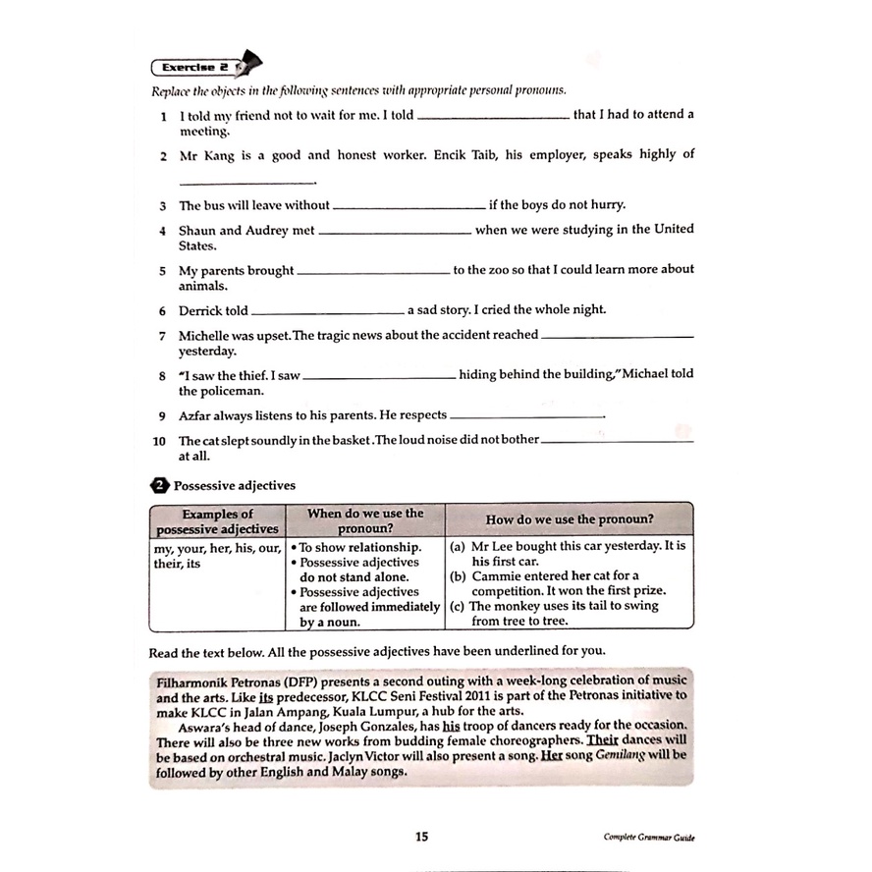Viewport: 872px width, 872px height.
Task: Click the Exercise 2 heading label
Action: point(194,68)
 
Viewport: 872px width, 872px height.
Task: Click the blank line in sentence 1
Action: point(493,118)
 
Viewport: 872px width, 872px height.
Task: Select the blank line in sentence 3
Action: point(409,208)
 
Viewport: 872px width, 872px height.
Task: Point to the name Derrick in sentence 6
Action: point(200,310)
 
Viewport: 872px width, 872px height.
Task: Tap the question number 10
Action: point(159,440)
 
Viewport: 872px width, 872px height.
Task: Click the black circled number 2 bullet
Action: point(159,485)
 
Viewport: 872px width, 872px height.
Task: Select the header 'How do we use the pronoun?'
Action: point(570,519)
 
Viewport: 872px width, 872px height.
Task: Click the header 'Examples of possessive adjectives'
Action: point(217,520)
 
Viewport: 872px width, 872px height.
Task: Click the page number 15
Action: point(421,837)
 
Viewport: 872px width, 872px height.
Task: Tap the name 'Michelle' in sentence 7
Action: point(205,335)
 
